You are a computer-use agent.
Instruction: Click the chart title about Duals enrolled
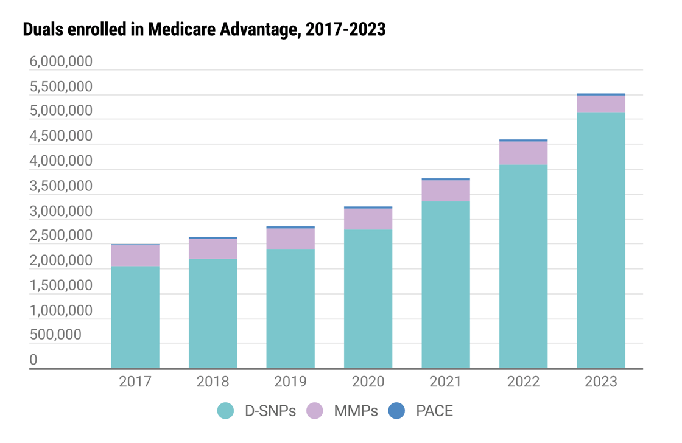[x=204, y=29]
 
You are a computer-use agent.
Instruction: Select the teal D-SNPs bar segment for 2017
[x=135, y=317]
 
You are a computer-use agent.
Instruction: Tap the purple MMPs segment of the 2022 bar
[x=524, y=153]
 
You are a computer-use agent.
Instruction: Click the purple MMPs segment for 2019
[x=290, y=239]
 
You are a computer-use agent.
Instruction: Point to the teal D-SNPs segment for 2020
[x=368, y=299]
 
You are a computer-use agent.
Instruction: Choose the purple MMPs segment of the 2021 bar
[x=446, y=190]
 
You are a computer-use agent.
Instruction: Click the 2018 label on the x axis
[x=213, y=382]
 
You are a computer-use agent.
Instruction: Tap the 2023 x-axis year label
[x=601, y=382]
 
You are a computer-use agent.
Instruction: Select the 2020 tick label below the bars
[x=368, y=382]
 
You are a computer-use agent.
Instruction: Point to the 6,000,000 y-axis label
[x=61, y=62]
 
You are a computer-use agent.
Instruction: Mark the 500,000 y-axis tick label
[x=55, y=335]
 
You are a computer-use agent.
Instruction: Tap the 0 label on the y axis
[x=33, y=360]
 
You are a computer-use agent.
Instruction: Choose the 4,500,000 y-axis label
[x=61, y=137]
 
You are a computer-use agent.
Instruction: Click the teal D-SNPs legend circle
[x=225, y=411]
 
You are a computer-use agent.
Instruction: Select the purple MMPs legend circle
[x=314, y=411]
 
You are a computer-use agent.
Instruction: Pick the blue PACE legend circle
[x=396, y=411]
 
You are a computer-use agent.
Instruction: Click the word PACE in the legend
[x=434, y=411]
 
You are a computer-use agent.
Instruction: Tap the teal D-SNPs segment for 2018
[x=213, y=313]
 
